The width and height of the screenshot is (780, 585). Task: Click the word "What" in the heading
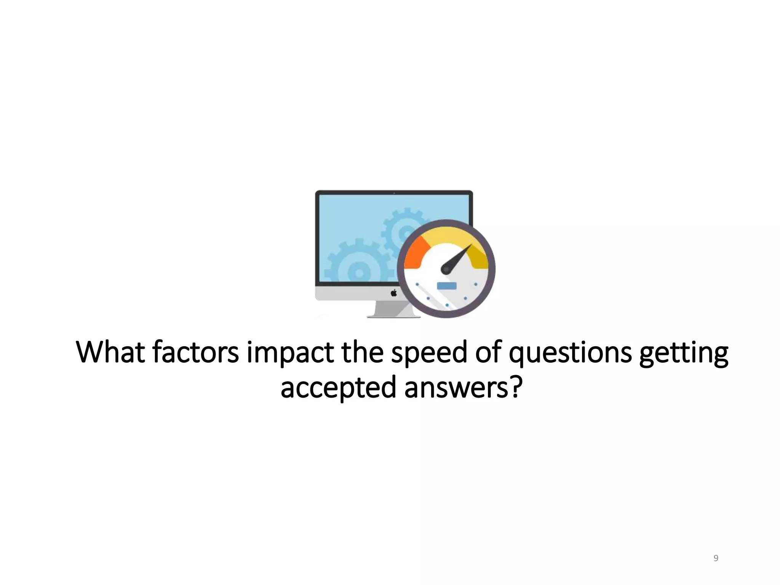click(x=110, y=352)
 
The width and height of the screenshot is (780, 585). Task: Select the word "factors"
click(x=196, y=352)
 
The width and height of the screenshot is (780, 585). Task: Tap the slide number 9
click(x=716, y=558)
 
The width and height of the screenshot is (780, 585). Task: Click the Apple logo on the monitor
click(x=394, y=292)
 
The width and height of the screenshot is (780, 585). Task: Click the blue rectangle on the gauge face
click(x=446, y=286)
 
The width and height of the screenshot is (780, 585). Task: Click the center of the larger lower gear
click(x=358, y=273)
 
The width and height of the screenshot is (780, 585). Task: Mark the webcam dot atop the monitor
click(x=394, y=193)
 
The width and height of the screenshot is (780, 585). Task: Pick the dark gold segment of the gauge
click(x=479, y=255)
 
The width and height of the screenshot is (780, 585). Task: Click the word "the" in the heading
click(x=362, y=352)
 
